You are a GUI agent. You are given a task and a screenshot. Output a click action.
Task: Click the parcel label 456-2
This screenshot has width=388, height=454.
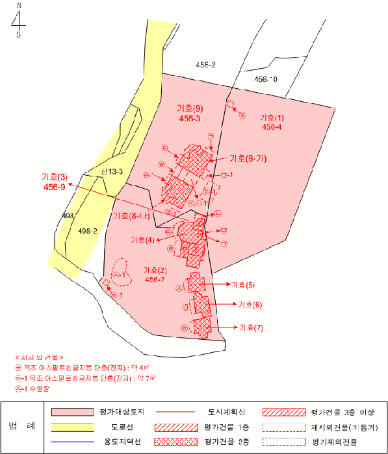[205, 65]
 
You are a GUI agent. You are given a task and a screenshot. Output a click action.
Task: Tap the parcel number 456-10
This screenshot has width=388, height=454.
[265, 79]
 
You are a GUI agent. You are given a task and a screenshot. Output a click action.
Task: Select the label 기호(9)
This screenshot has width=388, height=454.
[190, 108]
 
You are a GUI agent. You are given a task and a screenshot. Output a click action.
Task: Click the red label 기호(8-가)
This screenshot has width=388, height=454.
[249, 158]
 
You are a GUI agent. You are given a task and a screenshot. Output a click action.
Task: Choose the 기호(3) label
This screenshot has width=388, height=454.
[54, 176]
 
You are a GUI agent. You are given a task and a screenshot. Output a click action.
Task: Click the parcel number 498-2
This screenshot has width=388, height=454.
[86, 231]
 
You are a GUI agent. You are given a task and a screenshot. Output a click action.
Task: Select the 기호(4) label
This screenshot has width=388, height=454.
[142, 240]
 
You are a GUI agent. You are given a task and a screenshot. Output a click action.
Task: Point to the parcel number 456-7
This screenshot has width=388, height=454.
[155, 279]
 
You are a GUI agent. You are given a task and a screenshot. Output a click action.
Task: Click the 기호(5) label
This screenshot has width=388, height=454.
[242, 285]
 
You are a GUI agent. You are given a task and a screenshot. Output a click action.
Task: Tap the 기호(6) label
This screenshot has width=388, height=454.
[250, 304]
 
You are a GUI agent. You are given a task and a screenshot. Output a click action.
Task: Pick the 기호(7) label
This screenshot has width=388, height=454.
[251, 327]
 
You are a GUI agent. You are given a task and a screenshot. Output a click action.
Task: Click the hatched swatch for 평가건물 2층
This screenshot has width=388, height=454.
[175, 442]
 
